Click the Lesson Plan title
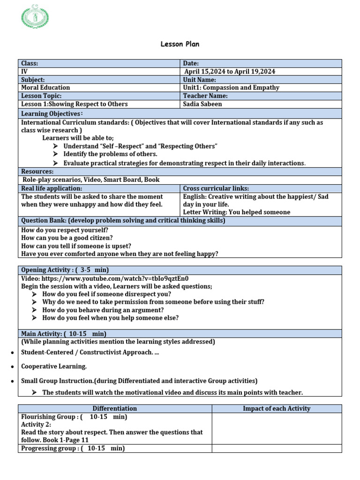[180, 44]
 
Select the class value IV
[24, 71]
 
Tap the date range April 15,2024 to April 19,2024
[230, 71]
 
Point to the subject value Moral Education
[45, 88]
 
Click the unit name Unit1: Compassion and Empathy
[231, 88]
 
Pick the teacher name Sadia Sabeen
[202, 104]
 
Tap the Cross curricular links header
[216, 188]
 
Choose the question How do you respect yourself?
[65, 230]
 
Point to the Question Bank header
[123, 220]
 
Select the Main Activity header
[64, 334]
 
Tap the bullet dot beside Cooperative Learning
[11, 367]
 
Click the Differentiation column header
[115, 409]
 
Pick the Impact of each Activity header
[277, 409]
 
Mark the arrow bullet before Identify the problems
[55, 154]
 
